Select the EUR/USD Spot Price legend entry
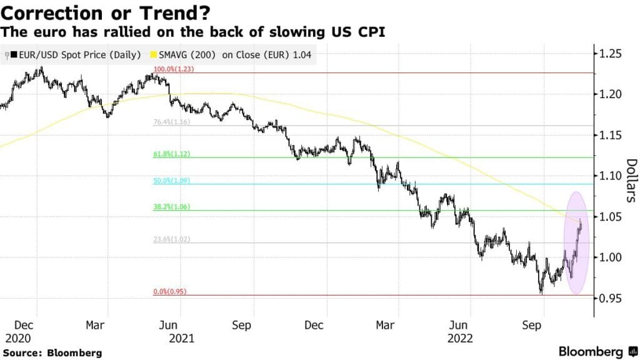(x=75, y=56)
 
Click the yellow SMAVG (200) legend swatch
(x=153, y=56)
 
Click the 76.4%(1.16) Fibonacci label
(x=171, y=122)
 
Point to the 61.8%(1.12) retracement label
(x=171, y=154)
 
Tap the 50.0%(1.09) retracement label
(x=171, y=181)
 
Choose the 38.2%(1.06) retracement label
(x=171, y=207)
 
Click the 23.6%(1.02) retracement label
(x=171, y=239)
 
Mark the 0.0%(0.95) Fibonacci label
(x=171, y=292)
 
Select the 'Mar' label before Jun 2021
(x=95, y=326)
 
